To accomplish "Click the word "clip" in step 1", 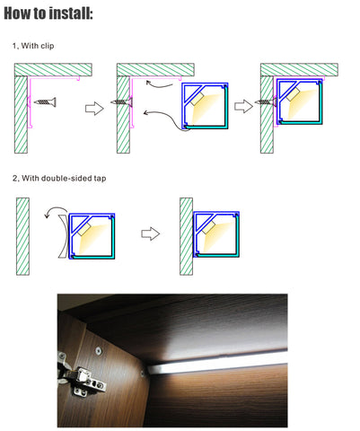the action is tap(48, 46).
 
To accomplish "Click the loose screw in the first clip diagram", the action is tap(45, 102).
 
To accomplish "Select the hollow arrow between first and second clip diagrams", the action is tap(94, 108).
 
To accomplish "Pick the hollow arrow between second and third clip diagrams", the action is tap(243, 106).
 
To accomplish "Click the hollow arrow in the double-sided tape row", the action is tap(150, 233).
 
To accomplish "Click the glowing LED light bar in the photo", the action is tap(217, 364).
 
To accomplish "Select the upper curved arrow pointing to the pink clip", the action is tap(159, 84).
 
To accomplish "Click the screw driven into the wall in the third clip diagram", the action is tap(266, 102).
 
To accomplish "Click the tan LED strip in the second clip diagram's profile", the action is tap(197, 99).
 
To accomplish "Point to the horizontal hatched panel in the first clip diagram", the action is tap(53, 70).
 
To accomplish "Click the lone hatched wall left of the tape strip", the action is tap(22, 236).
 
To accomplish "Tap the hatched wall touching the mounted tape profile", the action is tap(186, 236).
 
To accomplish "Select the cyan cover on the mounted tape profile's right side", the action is tap(236, 235).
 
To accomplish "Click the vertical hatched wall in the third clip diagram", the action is tap(267, 115).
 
